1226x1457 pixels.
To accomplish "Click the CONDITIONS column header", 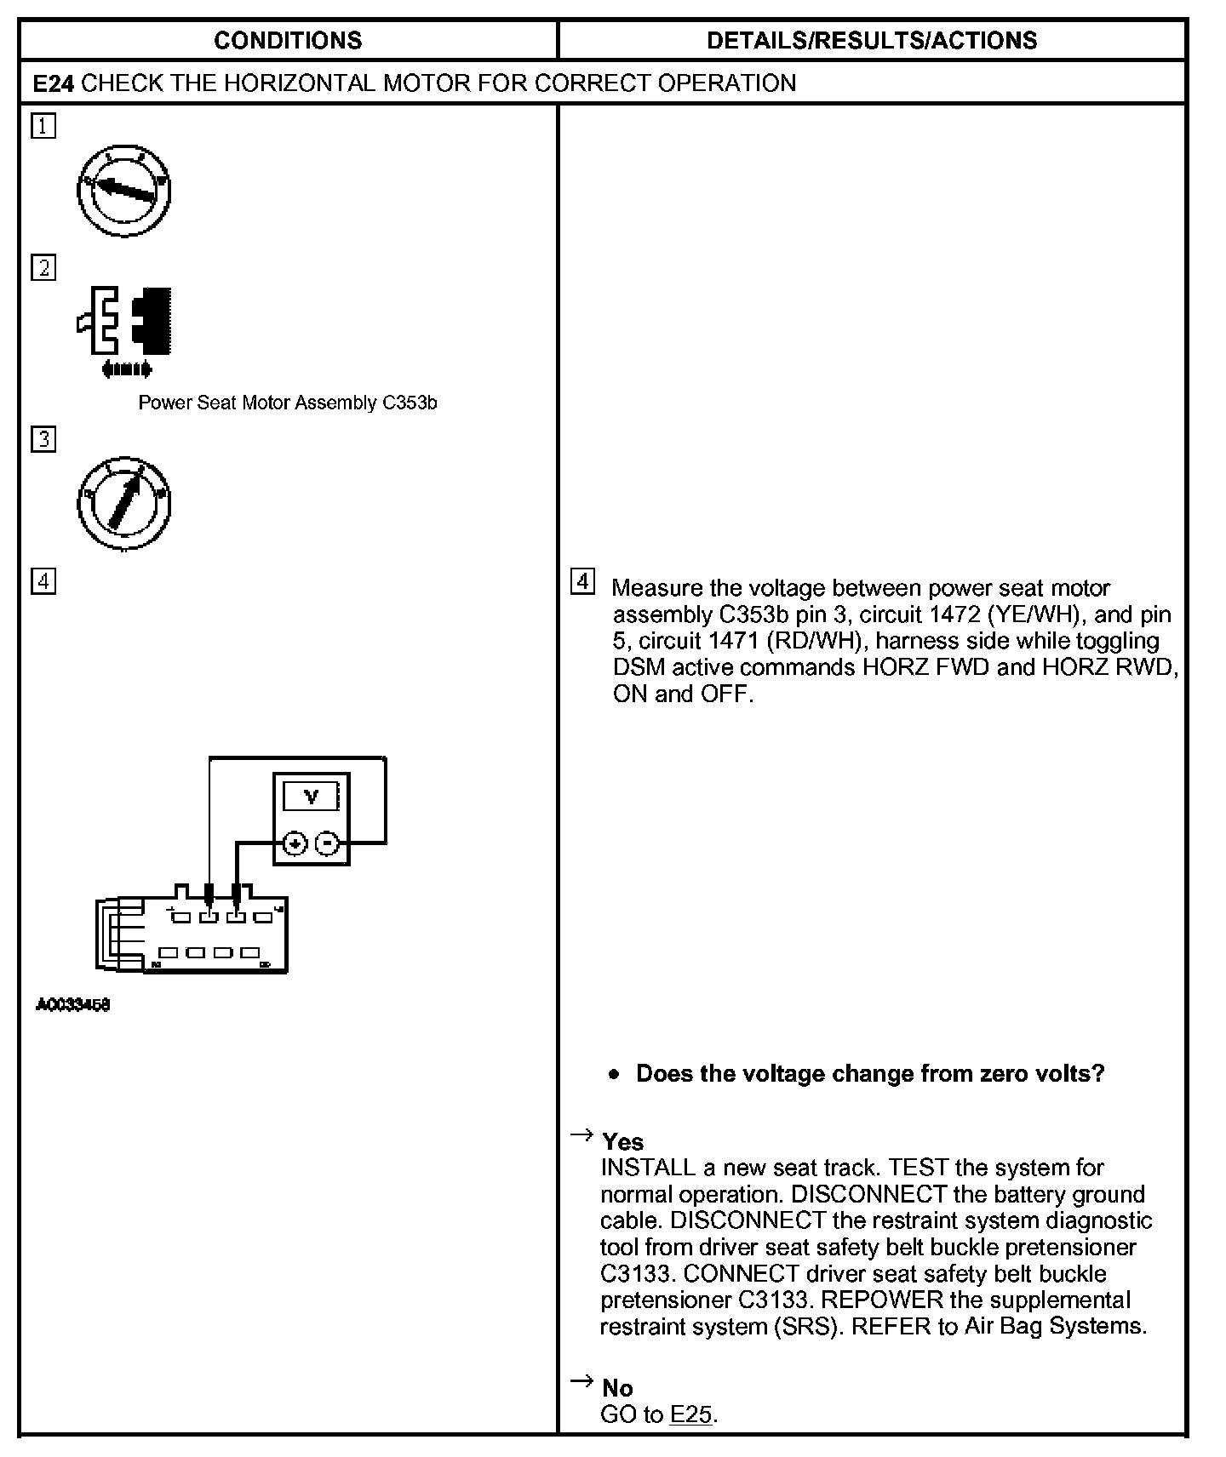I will [x=288, y=40].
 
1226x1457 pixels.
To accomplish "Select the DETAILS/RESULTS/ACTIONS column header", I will [x=872, y=40].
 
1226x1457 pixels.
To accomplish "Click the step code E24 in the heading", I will [x=53, y=83].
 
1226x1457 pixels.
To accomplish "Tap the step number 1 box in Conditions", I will [x=43, y=127].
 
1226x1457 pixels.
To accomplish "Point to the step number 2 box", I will [x=43, y=268].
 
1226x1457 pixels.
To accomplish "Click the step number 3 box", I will [x=43, y=440].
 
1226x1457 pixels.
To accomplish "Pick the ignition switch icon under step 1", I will [x=124, y=191].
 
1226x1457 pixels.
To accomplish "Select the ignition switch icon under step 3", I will [x=124, y=503].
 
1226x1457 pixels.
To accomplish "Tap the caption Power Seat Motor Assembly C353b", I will [x=288, y=403].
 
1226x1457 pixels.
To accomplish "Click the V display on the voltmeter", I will [x=311, y=797].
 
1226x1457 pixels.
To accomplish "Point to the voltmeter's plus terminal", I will [x=295, y=843].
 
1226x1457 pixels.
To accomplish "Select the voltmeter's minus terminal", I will [x=328, y=843].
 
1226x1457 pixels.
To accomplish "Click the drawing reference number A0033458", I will [x=73, y=1005].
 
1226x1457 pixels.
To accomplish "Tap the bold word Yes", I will [x=622, y=1141].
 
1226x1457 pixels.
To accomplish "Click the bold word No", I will [x=617, y=1388].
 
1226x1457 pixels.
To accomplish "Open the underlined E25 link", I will [x=690, y=1414].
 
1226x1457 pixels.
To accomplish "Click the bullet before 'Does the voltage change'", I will [x=615, y=1075].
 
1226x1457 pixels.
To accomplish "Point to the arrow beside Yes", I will [x=581, y=1134].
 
